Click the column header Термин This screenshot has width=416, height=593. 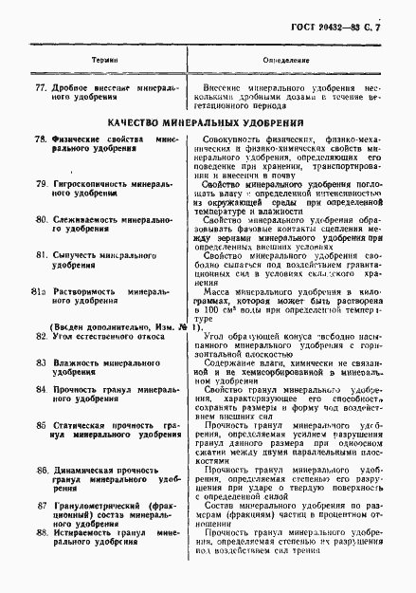tap(105, 57)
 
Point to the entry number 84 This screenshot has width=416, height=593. tap(40, 388)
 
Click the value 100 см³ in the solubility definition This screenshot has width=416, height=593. tap(212, 311)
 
